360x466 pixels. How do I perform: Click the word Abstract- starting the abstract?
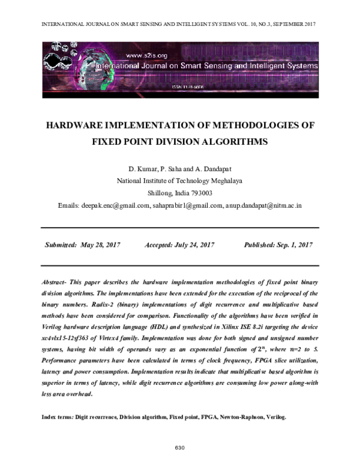point(56,282)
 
